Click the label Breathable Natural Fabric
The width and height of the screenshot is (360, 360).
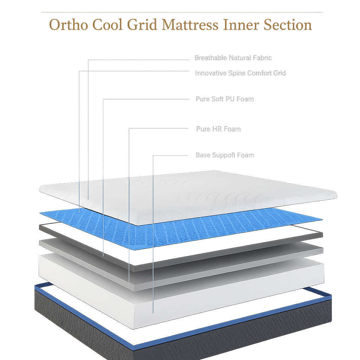click(x=233, y=58)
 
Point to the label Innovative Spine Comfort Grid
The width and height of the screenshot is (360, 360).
click(x=240, y=73)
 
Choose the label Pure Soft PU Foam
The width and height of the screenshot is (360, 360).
click(x=224, y=99)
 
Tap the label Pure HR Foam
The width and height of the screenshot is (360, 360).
click(x=218, y=129)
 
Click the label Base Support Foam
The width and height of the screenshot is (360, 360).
click(x=224, y=155)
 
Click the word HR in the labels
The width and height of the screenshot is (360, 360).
click(x=217, y=129)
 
